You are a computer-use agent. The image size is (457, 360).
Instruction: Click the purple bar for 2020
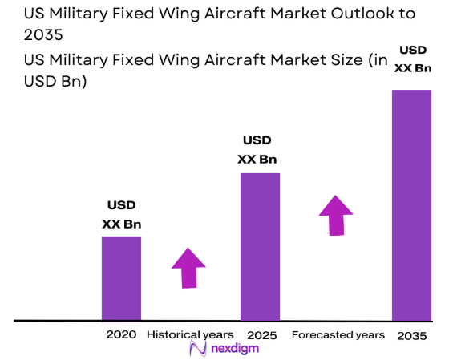[x=121, y=277]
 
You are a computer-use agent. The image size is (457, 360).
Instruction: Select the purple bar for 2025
[x=260, y=246]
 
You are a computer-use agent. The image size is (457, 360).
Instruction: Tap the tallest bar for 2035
[x=411, y=204]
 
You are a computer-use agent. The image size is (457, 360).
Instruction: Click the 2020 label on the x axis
[x=121, y=334]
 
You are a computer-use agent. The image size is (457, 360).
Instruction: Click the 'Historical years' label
[x=190, y=334]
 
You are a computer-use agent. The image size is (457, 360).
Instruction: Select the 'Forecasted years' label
[x=338, y=334]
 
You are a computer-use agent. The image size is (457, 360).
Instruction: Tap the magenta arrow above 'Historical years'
[x=188, y=267]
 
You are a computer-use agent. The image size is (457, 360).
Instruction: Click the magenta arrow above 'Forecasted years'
[x=335, y=214]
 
